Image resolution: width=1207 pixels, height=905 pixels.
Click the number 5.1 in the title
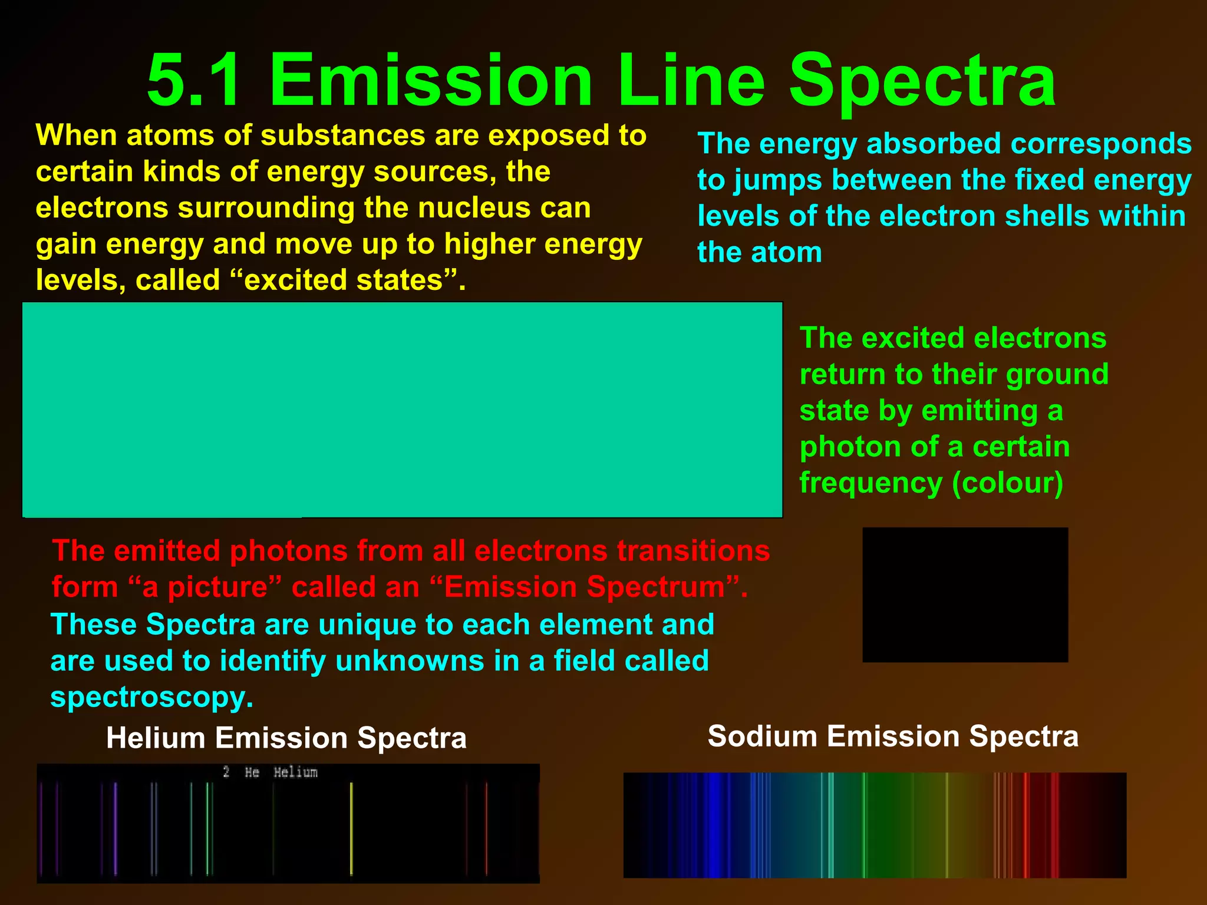pos(195,80)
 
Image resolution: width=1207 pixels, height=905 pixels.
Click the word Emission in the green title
pos(431,80)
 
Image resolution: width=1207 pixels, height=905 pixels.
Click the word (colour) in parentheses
pos(1007,484)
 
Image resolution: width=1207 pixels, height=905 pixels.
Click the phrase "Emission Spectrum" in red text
pos(583,587)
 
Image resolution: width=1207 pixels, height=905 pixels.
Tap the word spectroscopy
pos(151,698)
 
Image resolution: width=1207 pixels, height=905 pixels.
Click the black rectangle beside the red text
pos(965,594)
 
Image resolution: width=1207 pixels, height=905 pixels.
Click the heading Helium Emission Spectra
pos(286,738)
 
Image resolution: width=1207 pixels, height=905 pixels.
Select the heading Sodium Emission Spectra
pos(893,736)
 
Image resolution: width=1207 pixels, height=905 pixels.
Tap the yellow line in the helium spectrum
pos(351,828)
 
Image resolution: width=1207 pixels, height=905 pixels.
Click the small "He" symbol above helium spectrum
pos(252,772)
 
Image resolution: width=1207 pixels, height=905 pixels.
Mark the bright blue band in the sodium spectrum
pos(714,825)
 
